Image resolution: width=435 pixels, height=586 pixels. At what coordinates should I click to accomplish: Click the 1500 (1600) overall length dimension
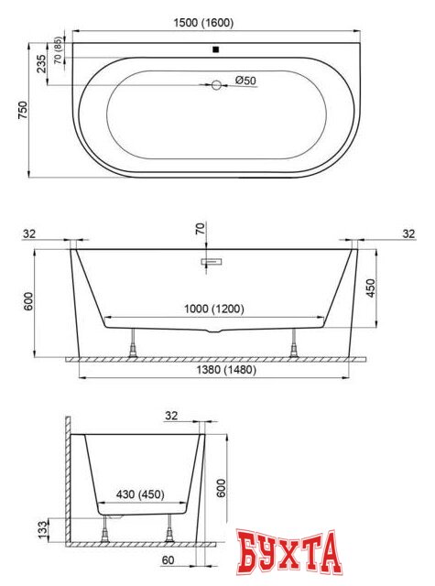(215, 22)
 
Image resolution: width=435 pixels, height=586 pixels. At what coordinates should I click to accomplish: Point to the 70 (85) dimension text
(59, 49)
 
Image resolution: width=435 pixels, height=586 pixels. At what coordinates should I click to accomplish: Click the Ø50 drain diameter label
(245, 81)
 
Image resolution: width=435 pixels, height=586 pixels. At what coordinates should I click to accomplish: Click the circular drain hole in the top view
(217, 86)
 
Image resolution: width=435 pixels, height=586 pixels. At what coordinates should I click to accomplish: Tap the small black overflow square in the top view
(215, 50)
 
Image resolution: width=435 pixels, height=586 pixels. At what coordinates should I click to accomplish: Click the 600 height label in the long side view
(29, 301)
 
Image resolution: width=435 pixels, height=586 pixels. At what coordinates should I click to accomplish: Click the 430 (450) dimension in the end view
(138, 494)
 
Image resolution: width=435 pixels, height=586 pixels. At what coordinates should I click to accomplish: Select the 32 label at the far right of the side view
(408, 234)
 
